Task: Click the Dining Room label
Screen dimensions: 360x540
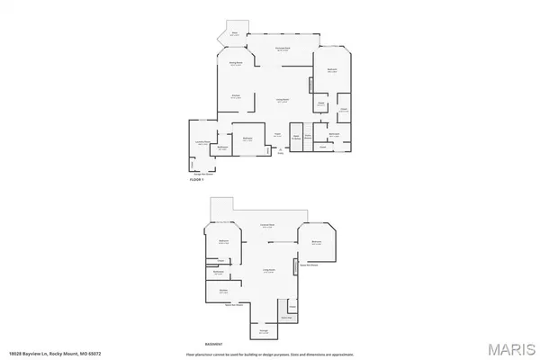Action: click(236, 63)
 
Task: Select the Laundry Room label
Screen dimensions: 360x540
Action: click(202, 143)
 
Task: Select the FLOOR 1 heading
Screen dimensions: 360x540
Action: click(198, 181)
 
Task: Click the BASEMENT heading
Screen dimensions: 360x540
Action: click(213, 344)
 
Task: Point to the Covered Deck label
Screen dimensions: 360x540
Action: click(267, 225)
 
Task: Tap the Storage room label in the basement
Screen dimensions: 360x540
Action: click(264, 331)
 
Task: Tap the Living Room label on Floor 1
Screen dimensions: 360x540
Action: click(283, 102)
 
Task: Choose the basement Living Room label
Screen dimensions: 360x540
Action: click(268, 270)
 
